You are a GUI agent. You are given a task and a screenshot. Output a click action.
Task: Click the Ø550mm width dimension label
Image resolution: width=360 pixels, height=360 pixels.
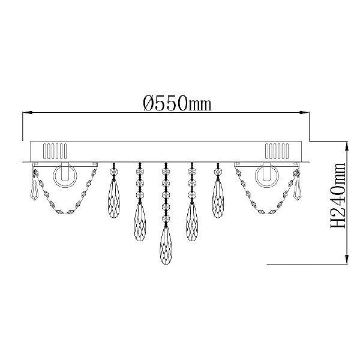(177, 103)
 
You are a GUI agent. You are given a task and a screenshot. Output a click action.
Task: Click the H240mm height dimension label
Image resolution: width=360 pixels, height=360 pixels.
(338, 196)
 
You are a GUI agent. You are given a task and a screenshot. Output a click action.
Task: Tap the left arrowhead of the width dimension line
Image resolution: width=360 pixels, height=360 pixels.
(27, 113)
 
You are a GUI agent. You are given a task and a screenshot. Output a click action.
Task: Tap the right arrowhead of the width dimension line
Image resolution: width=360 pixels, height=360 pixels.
(305, 113)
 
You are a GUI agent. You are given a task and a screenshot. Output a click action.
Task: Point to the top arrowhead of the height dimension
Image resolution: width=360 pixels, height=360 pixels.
(347, 146)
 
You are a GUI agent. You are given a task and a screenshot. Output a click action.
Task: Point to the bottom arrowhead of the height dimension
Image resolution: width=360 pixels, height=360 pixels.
(347, 259)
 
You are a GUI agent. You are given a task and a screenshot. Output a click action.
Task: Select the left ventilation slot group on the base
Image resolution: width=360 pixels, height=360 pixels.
(55, 151)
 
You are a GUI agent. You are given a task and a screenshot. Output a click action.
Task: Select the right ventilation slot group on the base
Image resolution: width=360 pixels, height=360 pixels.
(277, 151)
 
